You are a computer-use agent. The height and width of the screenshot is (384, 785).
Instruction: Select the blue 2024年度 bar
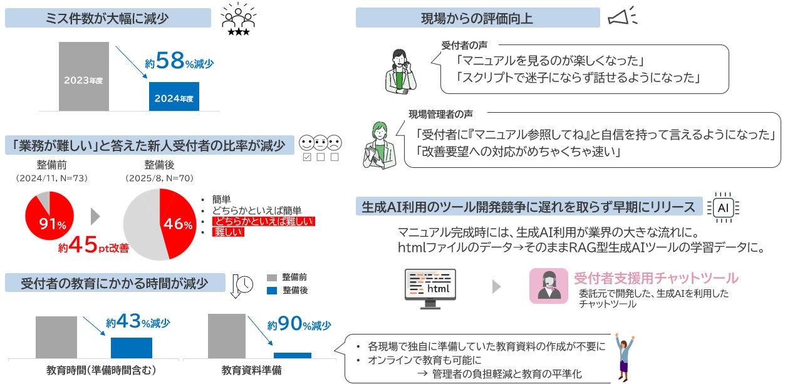(174, 96)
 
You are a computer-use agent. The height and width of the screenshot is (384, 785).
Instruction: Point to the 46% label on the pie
(179, 224)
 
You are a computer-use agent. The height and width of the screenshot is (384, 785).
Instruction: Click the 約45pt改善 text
(93, 247)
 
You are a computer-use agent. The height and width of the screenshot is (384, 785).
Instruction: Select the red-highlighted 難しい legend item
(228, 232)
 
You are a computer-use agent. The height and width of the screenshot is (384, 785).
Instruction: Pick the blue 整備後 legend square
(271, 291)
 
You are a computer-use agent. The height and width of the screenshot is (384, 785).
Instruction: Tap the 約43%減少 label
(138, 323)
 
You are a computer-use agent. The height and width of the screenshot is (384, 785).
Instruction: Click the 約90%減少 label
(298, 324)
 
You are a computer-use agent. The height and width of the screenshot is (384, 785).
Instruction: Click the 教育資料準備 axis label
(252, 370)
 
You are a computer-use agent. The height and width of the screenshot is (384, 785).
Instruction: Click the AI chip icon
(722, 207)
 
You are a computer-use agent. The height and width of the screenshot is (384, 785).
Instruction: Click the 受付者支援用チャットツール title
(655, 278)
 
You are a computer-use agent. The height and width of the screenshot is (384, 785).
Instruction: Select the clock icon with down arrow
(242, 286)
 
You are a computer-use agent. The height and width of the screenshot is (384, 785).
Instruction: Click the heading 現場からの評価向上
(477, 18)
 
